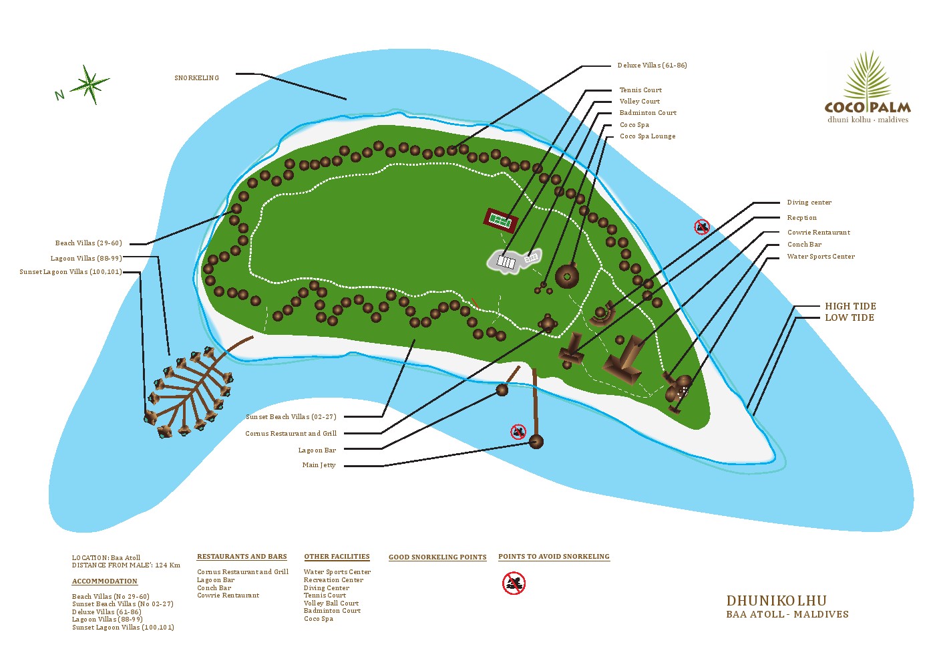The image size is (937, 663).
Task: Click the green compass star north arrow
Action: click(89, 84)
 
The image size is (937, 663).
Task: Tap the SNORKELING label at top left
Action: click(196, 78)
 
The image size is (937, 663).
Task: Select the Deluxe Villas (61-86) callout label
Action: click(652, 65)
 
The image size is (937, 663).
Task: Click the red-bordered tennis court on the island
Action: click(501, 220)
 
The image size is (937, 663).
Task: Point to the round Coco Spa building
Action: click(567, 276)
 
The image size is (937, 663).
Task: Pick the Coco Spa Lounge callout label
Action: click(648, 136)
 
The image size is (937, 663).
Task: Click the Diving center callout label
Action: click(809, 202)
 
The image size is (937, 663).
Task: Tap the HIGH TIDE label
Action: click(850, 306)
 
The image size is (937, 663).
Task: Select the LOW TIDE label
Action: click(849, 317)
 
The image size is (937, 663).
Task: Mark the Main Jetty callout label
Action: click(319, 465)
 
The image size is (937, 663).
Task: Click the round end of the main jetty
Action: click(536, 442)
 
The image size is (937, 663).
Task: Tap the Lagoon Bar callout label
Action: click(317, 450)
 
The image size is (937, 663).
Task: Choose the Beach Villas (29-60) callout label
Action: click(89, 243)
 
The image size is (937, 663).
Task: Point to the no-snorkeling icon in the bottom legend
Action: click(514, 583)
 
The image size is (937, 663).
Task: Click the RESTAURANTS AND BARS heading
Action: click(242, 557)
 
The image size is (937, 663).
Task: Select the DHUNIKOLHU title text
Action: click(776, 601)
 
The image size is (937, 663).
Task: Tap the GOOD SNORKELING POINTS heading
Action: click(437, 557)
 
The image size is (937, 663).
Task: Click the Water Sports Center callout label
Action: click(821, 257)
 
